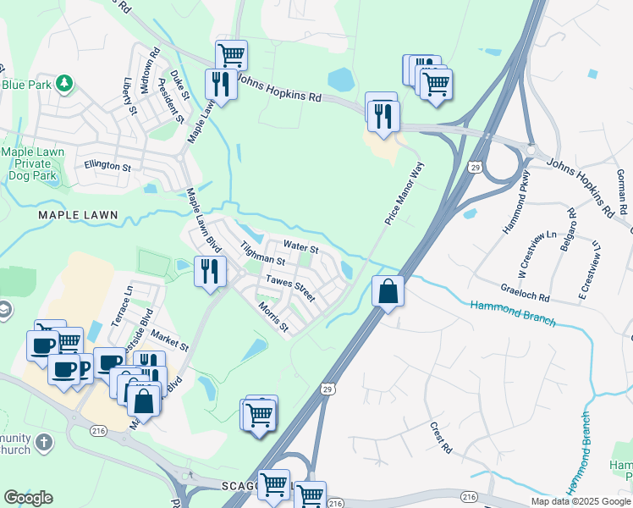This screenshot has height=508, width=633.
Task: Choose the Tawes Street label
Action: [x=289, y=288]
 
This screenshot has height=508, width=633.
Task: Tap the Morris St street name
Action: [x=273, y=317]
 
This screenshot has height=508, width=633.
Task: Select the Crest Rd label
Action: [x=440, y=437]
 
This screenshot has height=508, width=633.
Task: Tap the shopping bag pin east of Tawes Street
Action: [x=388, y=291]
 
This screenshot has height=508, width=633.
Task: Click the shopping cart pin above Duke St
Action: [x=231, y=55]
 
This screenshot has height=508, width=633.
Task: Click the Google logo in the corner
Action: [x=28, y=497]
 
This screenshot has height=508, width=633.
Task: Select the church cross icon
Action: [x=44, y=443]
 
